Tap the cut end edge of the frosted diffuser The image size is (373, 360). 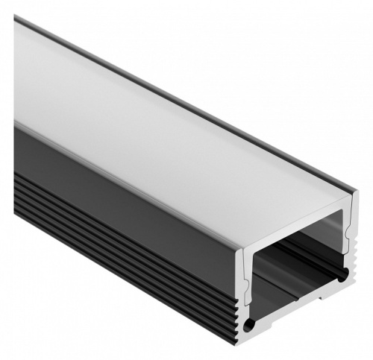pos(298,224)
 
